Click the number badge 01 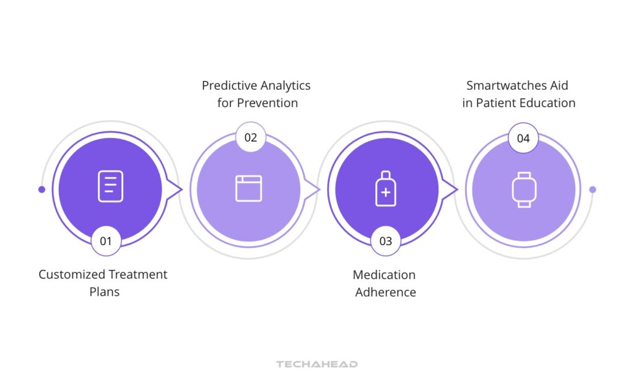[106, 241]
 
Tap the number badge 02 [250, 137]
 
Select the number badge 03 [385, 241]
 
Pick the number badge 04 [523, 137]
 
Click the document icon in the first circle [110, 186]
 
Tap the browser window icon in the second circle [248, 188]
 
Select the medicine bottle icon [385, 188]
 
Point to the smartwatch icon [523, 189]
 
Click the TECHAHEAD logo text [317, 364]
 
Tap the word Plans [104, 292]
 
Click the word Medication [384, 274]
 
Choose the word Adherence [385, 292]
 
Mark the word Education [547, 103]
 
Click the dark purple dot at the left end [41, 189]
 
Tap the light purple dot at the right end [593, 189]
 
